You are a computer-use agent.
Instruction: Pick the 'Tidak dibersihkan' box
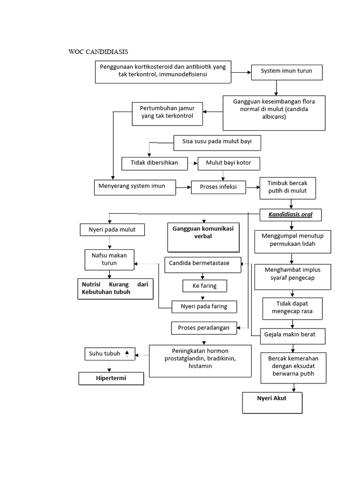[x=154, y=164]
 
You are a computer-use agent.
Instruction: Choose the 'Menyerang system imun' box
[x=135, y=187]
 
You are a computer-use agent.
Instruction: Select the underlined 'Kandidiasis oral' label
[x=291, y=215]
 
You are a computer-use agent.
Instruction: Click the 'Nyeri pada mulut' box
[x=112, y=230]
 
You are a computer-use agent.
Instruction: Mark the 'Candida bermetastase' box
[x=202, y=263]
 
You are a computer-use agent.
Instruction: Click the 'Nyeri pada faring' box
[x=204, y=307]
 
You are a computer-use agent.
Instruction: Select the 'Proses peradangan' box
[x=203, y=328]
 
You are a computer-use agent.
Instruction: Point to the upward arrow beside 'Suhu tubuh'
[x=127, y=353]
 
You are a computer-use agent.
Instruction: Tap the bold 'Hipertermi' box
[x=111, y=378]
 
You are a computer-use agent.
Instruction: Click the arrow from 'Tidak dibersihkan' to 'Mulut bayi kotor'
[x=192, y=164]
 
